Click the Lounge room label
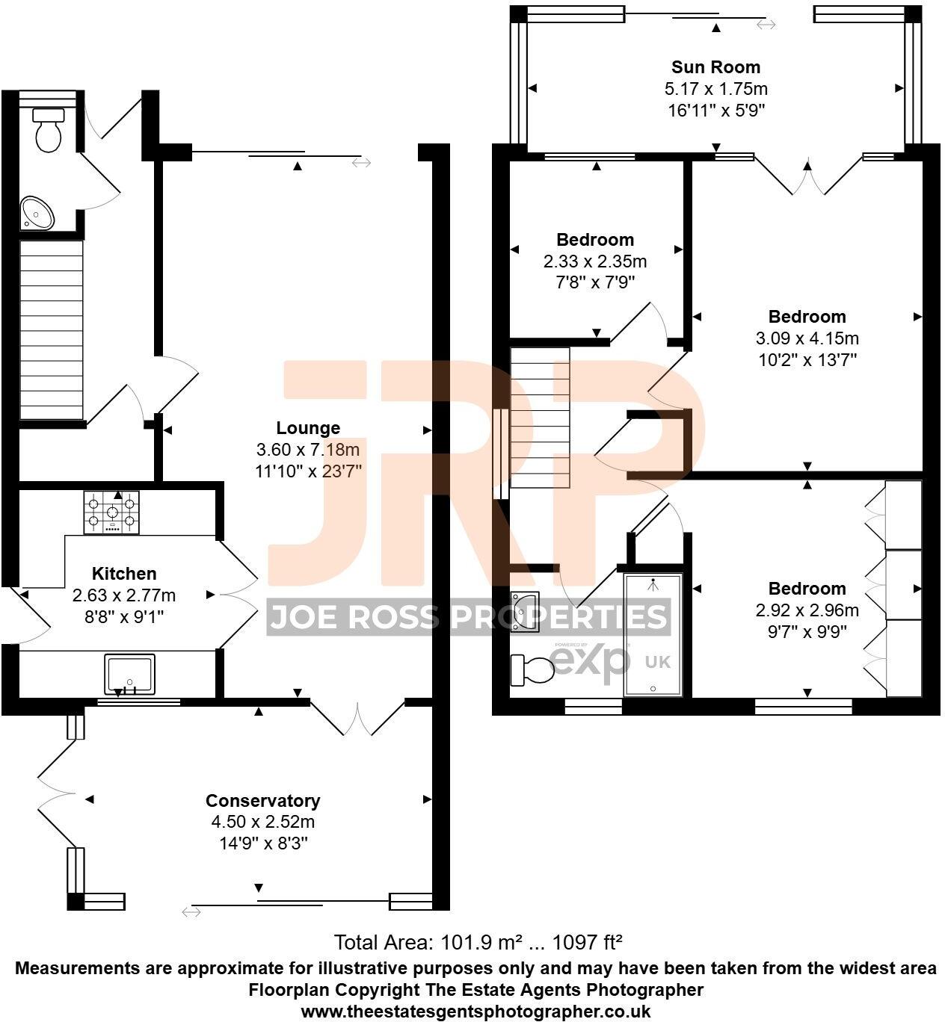(308, 428)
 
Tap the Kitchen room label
(124, 574)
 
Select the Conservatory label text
(263, 801)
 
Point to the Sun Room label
(715, 67)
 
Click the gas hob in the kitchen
(111, 512)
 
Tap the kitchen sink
(130, 674)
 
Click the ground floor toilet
(49, 130)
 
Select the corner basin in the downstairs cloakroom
(36, 213)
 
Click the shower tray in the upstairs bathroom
(653, 635)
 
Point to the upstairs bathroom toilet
(532, 670)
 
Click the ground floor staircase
(51, 329)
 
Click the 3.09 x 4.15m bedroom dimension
(807, 338)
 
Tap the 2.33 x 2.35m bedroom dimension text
(595, 261)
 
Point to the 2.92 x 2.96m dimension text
(807, 610)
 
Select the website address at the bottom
(475, 1012)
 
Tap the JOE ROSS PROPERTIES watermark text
(468, 618)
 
